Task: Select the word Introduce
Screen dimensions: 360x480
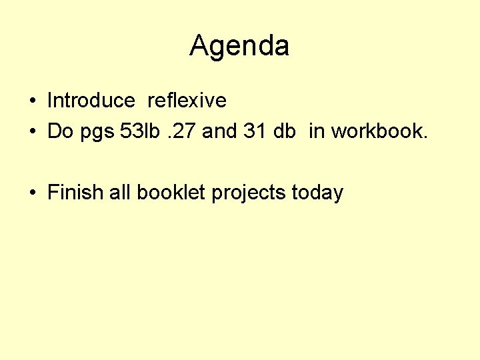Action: point(91,101)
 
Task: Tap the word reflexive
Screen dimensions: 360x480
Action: point(187,101)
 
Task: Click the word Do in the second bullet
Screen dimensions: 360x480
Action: point(60,131)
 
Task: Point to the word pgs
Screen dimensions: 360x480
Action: point(97,133)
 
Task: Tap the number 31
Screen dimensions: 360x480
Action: point(255,131)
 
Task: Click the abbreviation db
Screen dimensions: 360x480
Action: point(285,131)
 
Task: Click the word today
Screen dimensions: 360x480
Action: point(318,193)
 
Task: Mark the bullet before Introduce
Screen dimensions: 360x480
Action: point(32,101)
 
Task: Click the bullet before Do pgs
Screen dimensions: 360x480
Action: point(32,132)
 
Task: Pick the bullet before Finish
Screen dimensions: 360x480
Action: point(32,193)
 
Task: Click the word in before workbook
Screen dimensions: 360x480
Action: point(316,131)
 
